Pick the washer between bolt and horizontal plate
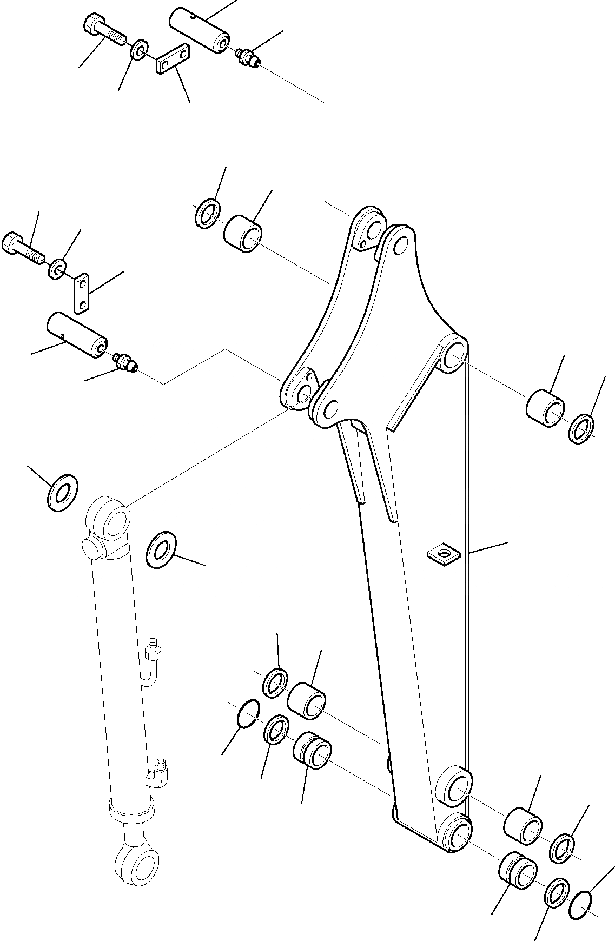[x=139, y=50]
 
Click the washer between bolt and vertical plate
[x=58, y=268]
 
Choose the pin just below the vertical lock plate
[x=76, y=335]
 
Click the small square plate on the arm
[x=443, y=554]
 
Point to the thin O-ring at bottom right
[x=581, y=887]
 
